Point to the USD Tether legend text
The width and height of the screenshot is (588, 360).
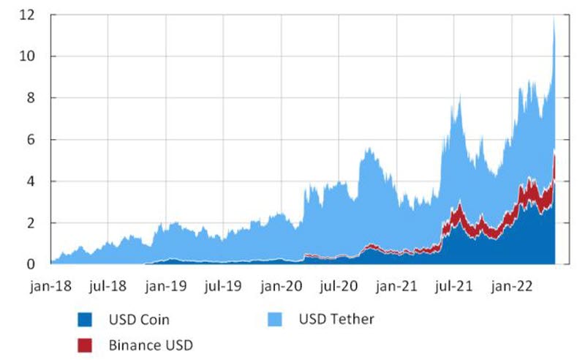pos(336,319)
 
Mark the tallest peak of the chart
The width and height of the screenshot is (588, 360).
pos(554,18)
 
